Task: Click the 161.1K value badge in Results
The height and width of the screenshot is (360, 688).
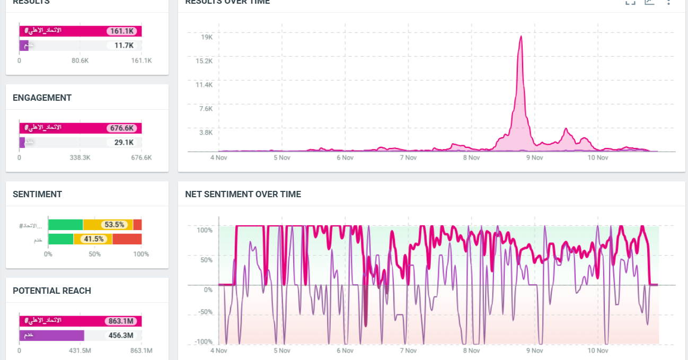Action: point(121,31)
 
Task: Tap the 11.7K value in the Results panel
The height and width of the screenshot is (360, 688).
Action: point(124,46)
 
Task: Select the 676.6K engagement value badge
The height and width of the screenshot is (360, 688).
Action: point(121,128)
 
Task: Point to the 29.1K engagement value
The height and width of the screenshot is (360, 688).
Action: point(124,143)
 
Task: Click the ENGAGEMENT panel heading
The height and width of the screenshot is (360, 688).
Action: point(42,98)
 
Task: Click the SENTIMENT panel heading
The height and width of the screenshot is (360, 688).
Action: point(37,194)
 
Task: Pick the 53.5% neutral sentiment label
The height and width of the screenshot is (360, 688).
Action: point(114,225)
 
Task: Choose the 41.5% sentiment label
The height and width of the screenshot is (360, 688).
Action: point(93,239)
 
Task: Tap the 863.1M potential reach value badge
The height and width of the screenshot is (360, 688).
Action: point(121,321)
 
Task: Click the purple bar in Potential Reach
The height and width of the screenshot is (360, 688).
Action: point(51,336)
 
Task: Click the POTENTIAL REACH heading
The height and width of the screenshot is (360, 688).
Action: point(52,291)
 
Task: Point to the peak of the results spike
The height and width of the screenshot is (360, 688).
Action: point(521,37)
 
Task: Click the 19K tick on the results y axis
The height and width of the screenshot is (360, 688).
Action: point(206,37)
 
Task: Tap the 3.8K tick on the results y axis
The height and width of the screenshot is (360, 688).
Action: point(206,133)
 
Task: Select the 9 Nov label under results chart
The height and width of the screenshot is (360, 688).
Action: point(534,157)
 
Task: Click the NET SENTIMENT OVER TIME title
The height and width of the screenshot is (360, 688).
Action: point(243,194)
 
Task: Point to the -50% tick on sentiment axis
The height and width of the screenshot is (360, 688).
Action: point(205,312)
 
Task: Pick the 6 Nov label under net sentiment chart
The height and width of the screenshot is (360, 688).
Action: point(345,350)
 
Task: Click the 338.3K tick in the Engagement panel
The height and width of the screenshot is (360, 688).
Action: point(80,157)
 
